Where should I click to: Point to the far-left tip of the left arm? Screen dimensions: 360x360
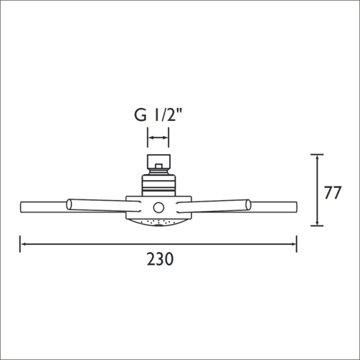tap(22, 210)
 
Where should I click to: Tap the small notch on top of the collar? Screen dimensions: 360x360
tap(157, 170)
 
